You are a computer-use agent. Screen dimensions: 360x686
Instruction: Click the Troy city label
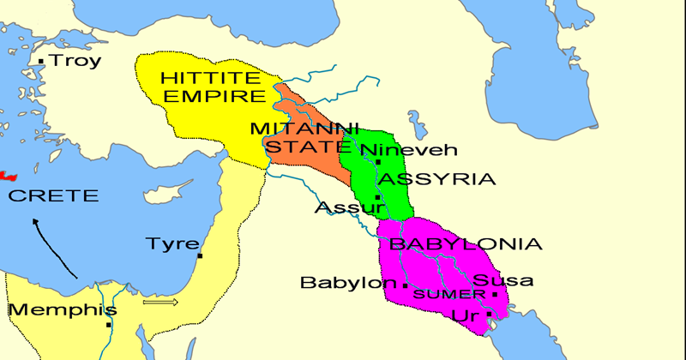pos(75,61)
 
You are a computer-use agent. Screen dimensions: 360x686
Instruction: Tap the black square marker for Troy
pos(41,61)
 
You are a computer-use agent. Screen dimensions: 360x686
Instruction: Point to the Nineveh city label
pos(415,150)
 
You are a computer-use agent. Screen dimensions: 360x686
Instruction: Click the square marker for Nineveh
pos(378,161)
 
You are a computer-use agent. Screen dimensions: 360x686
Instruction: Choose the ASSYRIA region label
pos(437,179)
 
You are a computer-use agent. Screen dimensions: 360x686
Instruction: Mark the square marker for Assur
pos(377,198)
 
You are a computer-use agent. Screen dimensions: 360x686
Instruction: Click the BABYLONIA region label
pos(466,244)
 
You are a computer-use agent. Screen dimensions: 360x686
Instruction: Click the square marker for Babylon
pos(405,285)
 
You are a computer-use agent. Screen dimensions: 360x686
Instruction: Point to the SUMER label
pos(442,294)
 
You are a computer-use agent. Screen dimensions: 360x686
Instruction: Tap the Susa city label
pos(503,280)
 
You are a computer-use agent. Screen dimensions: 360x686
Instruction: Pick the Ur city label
pos(464,317)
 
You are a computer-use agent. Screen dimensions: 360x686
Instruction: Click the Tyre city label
pos(171,243)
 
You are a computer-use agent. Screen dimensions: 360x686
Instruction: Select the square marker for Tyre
pos(200,255)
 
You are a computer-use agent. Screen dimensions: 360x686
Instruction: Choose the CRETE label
pos(53,195)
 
